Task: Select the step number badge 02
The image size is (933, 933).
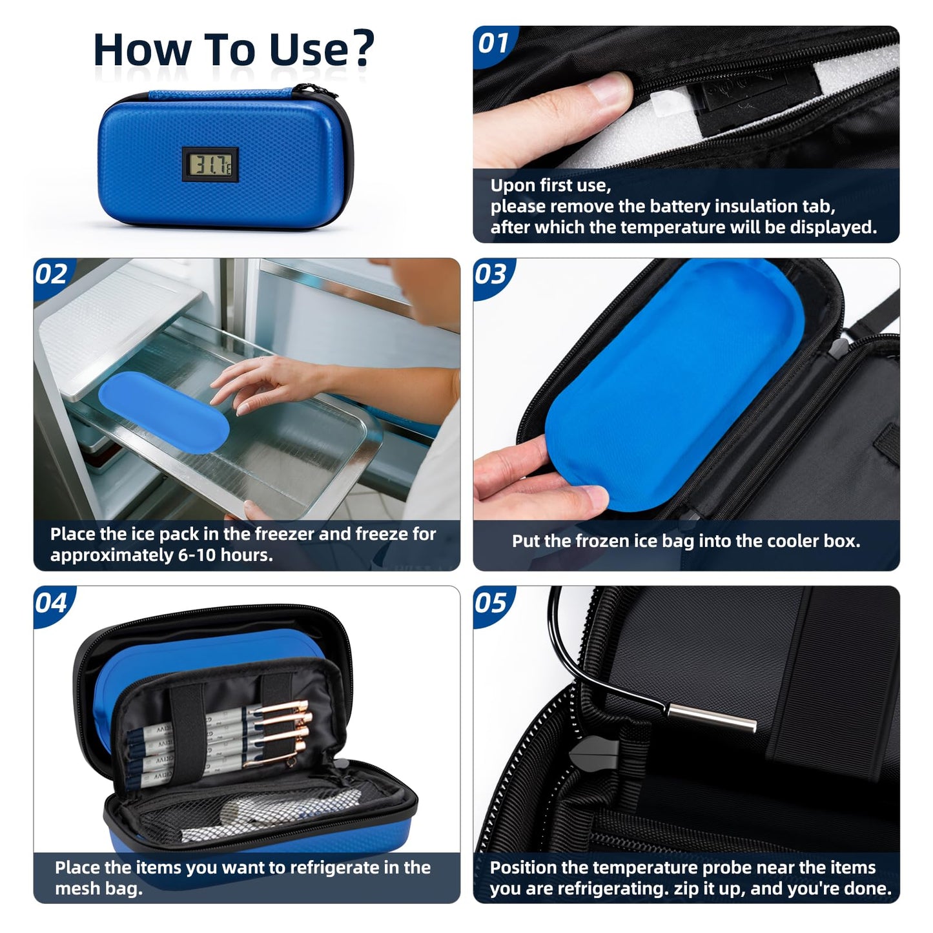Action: (x=52, y=275)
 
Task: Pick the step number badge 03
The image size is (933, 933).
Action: (x=491, y=275)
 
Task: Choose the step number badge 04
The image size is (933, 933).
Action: (x=52, y=604)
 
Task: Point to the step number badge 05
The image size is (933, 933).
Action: (x=491, y=604)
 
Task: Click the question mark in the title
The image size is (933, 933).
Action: (x=364, y=48)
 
